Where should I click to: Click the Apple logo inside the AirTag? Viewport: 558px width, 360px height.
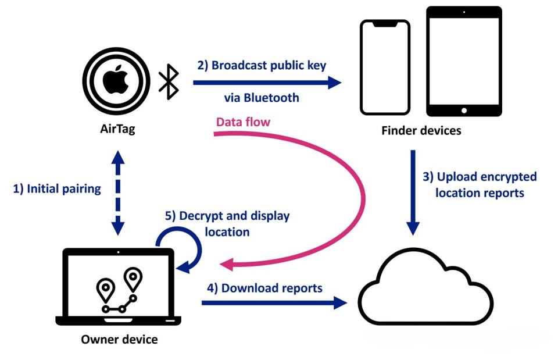tap(115, 82)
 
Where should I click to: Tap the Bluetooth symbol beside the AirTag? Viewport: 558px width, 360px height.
tap(169, 82)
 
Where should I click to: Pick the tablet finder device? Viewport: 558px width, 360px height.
tap(463, 62)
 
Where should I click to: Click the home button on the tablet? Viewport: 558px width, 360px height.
tap(463, 111)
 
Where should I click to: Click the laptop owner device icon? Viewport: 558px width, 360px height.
tap(119, 287)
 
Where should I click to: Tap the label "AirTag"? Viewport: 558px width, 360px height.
tap(117, 129)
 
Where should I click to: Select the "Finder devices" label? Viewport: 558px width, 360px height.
tap(421, 130)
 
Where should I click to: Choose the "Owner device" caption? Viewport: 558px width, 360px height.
tap(119, 338)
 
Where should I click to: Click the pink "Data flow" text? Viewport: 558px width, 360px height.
tap(243, 122)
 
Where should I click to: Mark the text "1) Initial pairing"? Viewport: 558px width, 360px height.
tap(56, 188)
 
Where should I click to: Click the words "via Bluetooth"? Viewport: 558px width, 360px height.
tap(262, 98)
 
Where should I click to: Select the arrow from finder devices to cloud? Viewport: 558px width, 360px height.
tap(413, 192)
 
